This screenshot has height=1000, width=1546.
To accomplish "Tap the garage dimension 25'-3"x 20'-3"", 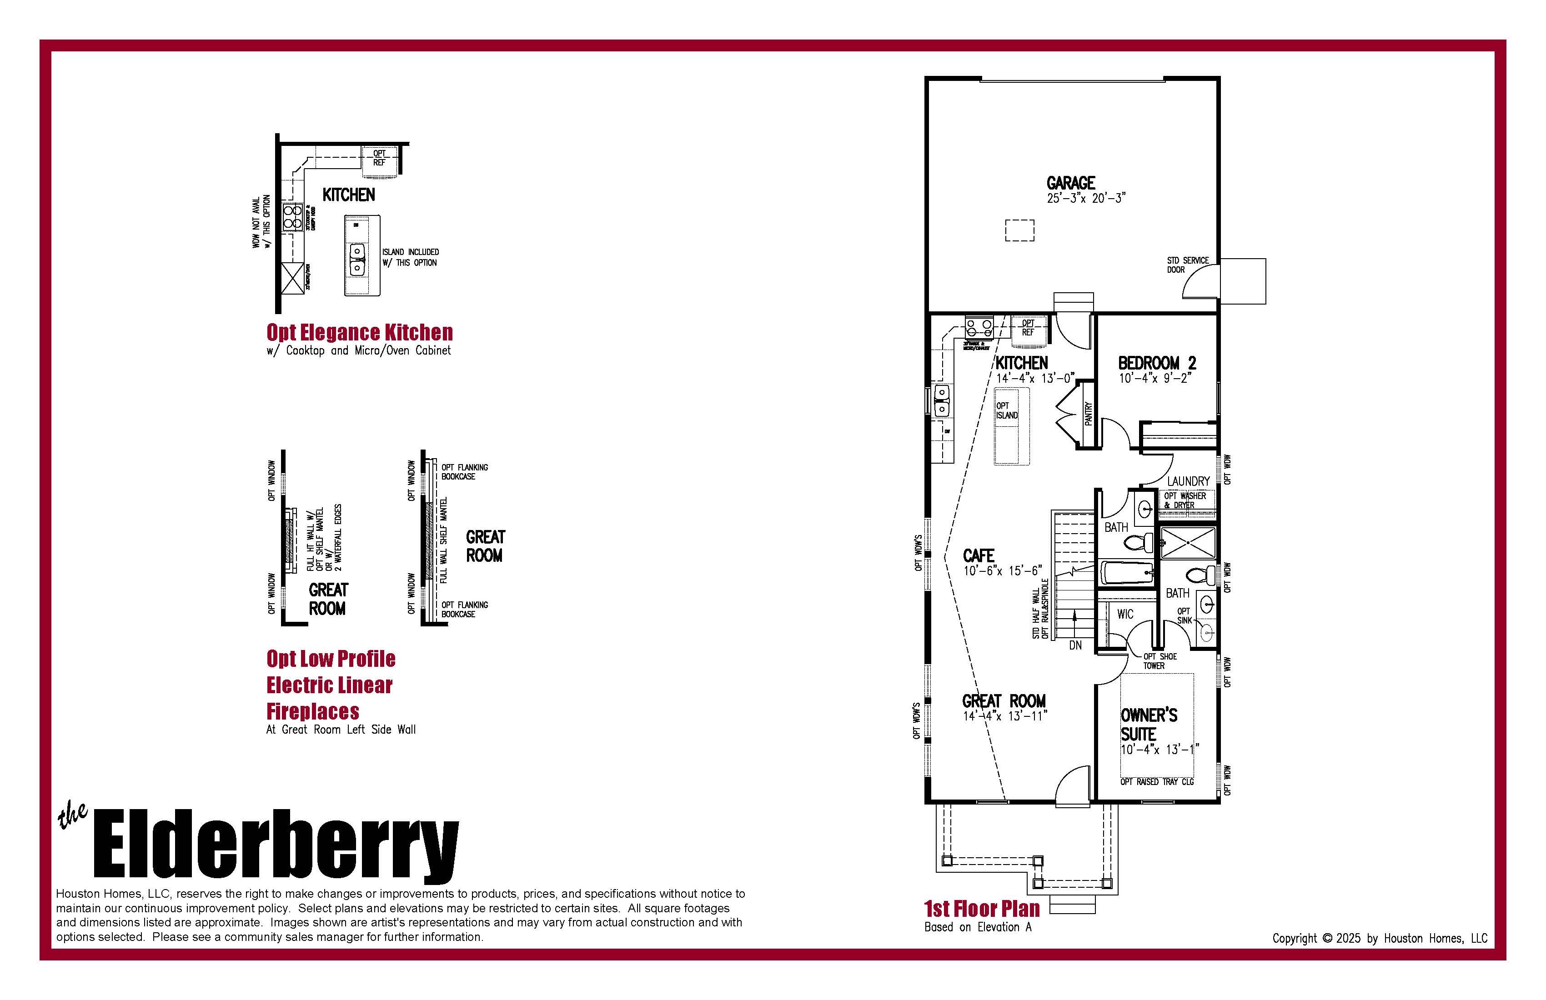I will [x=1085, y=198].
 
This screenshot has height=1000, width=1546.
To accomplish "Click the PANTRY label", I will [x=1089, y=414].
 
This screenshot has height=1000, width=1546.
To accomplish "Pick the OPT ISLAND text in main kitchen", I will [x=1007, y=410].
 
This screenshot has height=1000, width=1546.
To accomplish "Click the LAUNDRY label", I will [x=1188, y=481].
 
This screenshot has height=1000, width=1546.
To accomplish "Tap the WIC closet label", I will [x=1125, y=614].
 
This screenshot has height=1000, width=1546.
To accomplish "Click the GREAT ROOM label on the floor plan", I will [x=1004, y=701].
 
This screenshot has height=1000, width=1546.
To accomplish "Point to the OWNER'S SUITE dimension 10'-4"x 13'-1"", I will [x=1159, y=750].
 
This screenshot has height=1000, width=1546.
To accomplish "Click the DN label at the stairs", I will [x=1075, y=645].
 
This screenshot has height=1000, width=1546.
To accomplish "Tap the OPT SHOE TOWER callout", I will [x=1159, y=661].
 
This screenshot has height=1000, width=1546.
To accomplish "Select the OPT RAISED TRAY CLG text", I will [x=1157, y=782].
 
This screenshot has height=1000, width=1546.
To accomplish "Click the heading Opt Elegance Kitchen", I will [x=359, y=332].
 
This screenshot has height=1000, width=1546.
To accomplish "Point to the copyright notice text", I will [x=1379, y=938].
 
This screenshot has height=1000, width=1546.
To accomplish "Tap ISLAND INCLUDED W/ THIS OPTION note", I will [x=410, y=257].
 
